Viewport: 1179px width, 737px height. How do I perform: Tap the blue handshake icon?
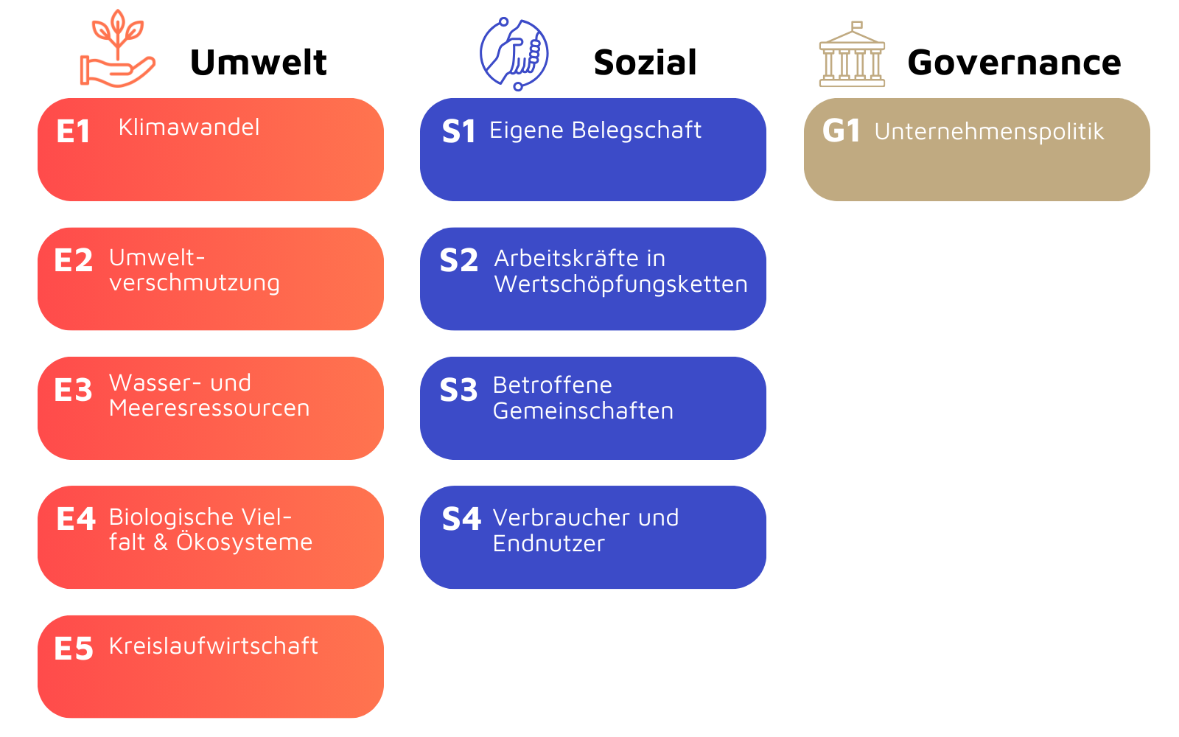point(514,54)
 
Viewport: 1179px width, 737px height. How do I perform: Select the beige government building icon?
point(852,55)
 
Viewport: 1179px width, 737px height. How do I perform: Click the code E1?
point(73,132)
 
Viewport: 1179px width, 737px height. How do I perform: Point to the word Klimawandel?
point(189,128)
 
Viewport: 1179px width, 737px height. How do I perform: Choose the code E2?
point(73,261)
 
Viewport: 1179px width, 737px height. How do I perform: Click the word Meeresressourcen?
point(209,408)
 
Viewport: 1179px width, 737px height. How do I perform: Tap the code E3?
point(73,391)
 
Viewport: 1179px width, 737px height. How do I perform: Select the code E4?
point(76,520)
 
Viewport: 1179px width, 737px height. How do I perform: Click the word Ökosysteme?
point(244,542)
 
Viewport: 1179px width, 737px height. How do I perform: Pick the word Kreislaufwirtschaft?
point(213,646)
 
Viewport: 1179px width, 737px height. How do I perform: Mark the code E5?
point(73,649)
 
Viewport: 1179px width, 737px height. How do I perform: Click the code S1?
point(458,132)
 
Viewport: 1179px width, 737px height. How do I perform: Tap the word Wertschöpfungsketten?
point(620,284)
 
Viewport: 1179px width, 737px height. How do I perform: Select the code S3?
point(458,391)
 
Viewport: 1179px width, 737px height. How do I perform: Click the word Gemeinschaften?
point(583,411)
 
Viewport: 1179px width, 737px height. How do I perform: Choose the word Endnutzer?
point(548,544)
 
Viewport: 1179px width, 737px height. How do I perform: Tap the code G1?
point(841,131)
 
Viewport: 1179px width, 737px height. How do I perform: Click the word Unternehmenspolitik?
point(989,132)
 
